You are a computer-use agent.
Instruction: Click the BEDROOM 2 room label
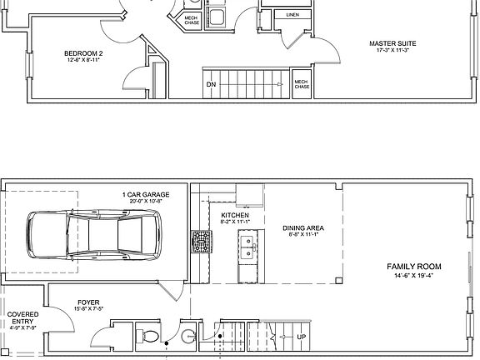click(x=83, y=52)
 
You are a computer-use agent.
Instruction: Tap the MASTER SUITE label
click(x=392, y=42)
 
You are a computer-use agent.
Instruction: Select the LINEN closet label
click(x=292, y=15)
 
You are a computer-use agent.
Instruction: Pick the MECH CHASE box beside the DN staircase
click(x=302, y=84)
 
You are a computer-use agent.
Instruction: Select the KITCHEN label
click(x=235, y=215)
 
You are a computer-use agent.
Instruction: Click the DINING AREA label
click(x=302, y=227)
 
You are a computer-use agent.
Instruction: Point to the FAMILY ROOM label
click(x=413, y=267)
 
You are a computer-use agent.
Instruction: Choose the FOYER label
click(x=88, y=302)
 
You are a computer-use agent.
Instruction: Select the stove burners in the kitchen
click(x=200, y=241)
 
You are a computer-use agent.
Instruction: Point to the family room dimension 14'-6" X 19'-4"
click(x=413, y=275)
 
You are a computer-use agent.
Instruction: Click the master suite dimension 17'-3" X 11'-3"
click(x=392, y=50)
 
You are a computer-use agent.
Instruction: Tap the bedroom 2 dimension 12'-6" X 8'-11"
click(x=83, y=60)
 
